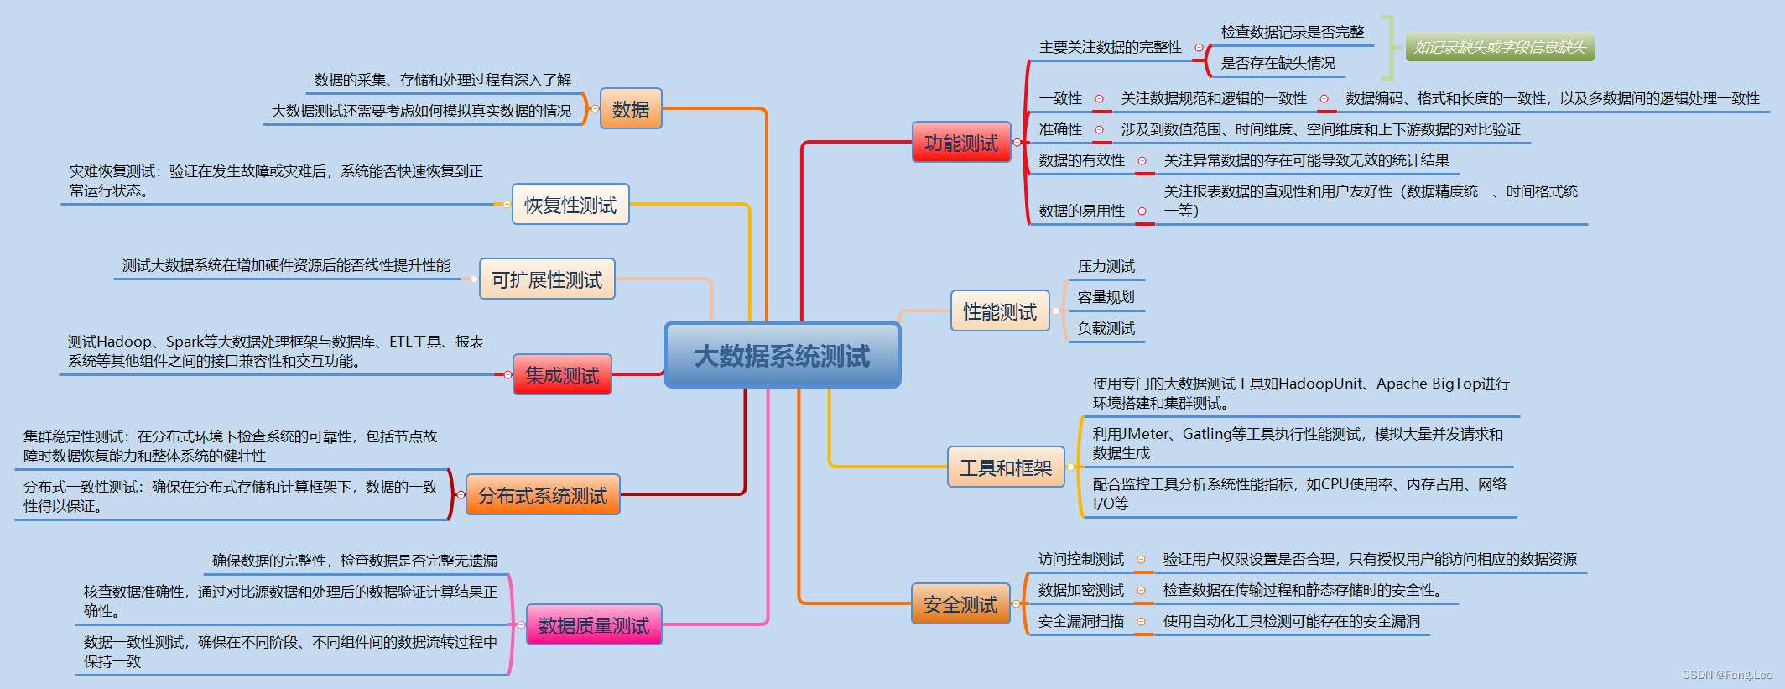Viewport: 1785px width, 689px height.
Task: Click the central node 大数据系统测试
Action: (782, 356)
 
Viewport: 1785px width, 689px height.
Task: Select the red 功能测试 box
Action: (960, 143)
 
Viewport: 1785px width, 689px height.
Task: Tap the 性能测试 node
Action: (999, 311)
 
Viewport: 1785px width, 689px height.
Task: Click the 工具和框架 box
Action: (1005, 467)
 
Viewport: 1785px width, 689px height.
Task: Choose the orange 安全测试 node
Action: (960, 604)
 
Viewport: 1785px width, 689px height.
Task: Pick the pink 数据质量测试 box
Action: (593, 625)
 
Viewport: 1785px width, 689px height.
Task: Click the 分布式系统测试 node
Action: (542, 495)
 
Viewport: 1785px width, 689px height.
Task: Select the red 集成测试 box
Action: (561, 375)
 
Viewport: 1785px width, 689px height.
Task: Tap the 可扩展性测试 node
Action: (546, 279)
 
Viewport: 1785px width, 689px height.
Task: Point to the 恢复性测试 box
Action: (570, 205)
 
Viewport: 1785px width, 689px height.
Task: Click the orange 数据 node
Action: (630, 109)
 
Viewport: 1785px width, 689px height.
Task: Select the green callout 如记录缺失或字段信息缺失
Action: (1500, 47)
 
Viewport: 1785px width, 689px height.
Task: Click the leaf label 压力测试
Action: (1106, 266)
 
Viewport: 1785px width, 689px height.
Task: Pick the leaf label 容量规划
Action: (1106, 297)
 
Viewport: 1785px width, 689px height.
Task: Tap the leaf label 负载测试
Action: (1106, 328)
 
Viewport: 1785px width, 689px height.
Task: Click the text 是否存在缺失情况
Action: (1278, 63)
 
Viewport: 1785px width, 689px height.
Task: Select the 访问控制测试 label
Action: (1080, 559)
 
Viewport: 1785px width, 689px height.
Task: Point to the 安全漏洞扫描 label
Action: (1080, 621)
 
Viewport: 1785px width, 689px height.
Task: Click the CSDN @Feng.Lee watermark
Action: (1727, 675)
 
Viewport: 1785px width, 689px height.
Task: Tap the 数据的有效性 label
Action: (1081, 160)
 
